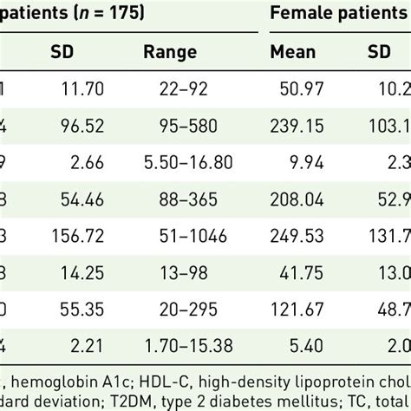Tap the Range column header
(170, 51)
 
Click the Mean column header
(293, 51)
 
